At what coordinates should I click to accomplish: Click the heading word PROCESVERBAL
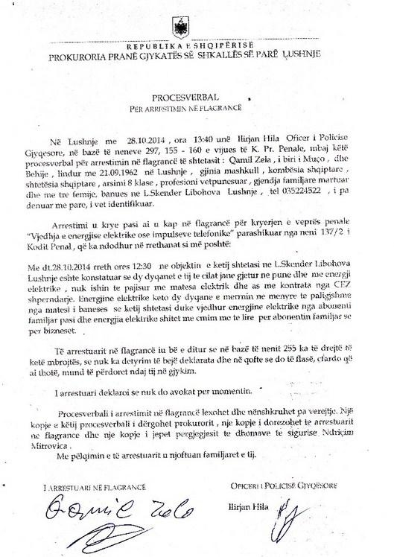pyautogui.click(x=197, y=98)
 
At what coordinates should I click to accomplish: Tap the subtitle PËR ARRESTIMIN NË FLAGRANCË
pyautogui.click(x=197, y=110)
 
